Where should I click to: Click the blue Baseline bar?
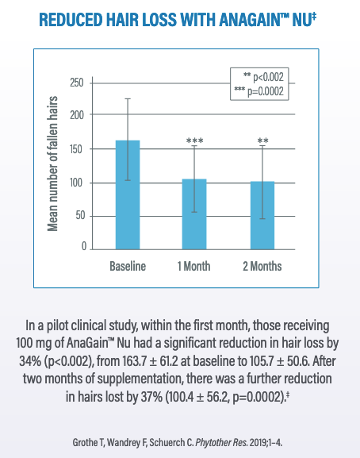128,194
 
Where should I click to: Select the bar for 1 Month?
194,214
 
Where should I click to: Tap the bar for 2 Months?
262,215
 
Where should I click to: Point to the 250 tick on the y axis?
77,83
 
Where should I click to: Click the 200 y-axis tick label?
77,115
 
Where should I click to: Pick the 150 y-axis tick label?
77,149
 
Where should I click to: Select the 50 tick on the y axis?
80,216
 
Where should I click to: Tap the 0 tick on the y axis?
84,246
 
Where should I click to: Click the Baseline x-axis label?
128,266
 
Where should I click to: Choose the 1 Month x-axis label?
194,266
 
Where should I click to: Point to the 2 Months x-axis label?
262,266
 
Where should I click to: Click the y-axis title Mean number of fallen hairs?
52,164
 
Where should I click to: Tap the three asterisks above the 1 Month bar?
195,140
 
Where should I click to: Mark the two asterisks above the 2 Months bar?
262,140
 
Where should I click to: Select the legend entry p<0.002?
263,77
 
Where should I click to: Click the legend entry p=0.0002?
259,91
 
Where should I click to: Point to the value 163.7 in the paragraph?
134,361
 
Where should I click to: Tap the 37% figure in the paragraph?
151,397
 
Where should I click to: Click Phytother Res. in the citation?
222,442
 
